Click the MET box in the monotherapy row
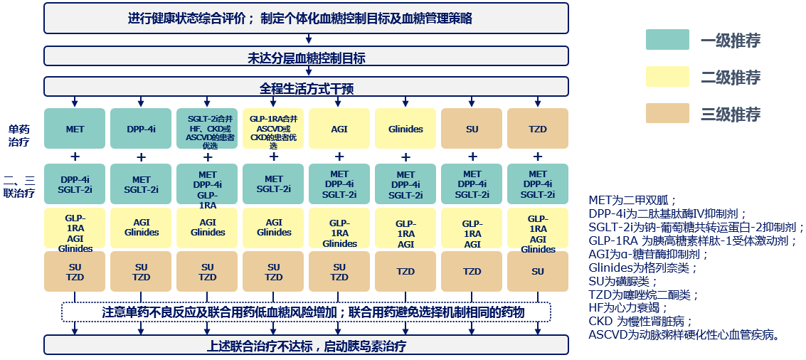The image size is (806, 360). click(x=75, y=129)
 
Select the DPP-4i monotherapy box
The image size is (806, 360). click(x=141, y=129)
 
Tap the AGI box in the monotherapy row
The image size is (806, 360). click(x=339, y=129)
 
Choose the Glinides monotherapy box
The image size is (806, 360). click(x=405, y=129)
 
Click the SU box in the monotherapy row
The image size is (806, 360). click(x=472, y=129)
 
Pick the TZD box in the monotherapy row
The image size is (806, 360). click(x=538, y=129)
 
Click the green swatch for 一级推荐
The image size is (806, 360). click(x=667, y=40)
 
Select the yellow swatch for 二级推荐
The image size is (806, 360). click(x=667, y=77)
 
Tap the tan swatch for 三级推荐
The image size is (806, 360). click(x=667, y=114)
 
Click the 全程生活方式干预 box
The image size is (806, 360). click(x=307, y=88)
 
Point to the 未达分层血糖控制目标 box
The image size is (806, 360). click(x=307, y=57)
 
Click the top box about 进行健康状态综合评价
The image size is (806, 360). click(x=307, y=18)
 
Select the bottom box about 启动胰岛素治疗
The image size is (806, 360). click(x=307, y=346)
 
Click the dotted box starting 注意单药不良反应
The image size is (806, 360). click(x=307, y=312)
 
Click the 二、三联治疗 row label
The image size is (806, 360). click(x=19, y=186)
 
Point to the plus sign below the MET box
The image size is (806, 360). click(x=75, y=157)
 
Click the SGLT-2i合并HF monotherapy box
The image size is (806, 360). click(x=207, y=129)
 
